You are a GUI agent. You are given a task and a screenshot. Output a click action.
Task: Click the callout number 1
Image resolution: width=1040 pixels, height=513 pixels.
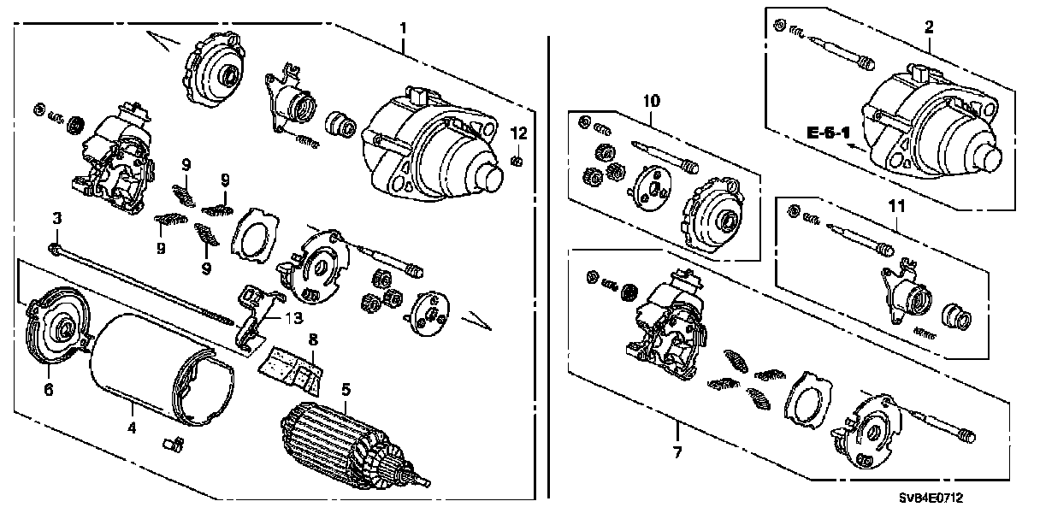pyautogui.click(x=404, y=29)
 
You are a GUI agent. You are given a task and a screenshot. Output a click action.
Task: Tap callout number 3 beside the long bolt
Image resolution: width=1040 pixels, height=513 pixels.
pyautogui.click(x=56, y=220)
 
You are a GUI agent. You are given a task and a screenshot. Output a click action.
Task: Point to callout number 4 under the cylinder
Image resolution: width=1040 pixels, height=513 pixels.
pyautogui.click(x=133, y=425)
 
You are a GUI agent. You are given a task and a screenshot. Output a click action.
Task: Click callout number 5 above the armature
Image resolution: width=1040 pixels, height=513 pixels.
pyautogui.click(x=346, y=389)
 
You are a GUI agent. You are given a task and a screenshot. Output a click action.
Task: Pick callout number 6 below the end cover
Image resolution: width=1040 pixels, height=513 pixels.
pyautogui.click(x=49, y=389)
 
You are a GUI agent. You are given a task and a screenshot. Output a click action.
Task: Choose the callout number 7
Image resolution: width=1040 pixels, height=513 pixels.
pyautogui.click(x=677, y=451)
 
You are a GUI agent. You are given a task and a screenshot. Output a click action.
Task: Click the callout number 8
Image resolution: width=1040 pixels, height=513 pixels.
pyautogui.click(x=313, y=339)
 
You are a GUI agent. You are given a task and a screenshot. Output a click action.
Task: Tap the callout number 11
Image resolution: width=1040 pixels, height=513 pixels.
pyautogui.click(x=895, y=205)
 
